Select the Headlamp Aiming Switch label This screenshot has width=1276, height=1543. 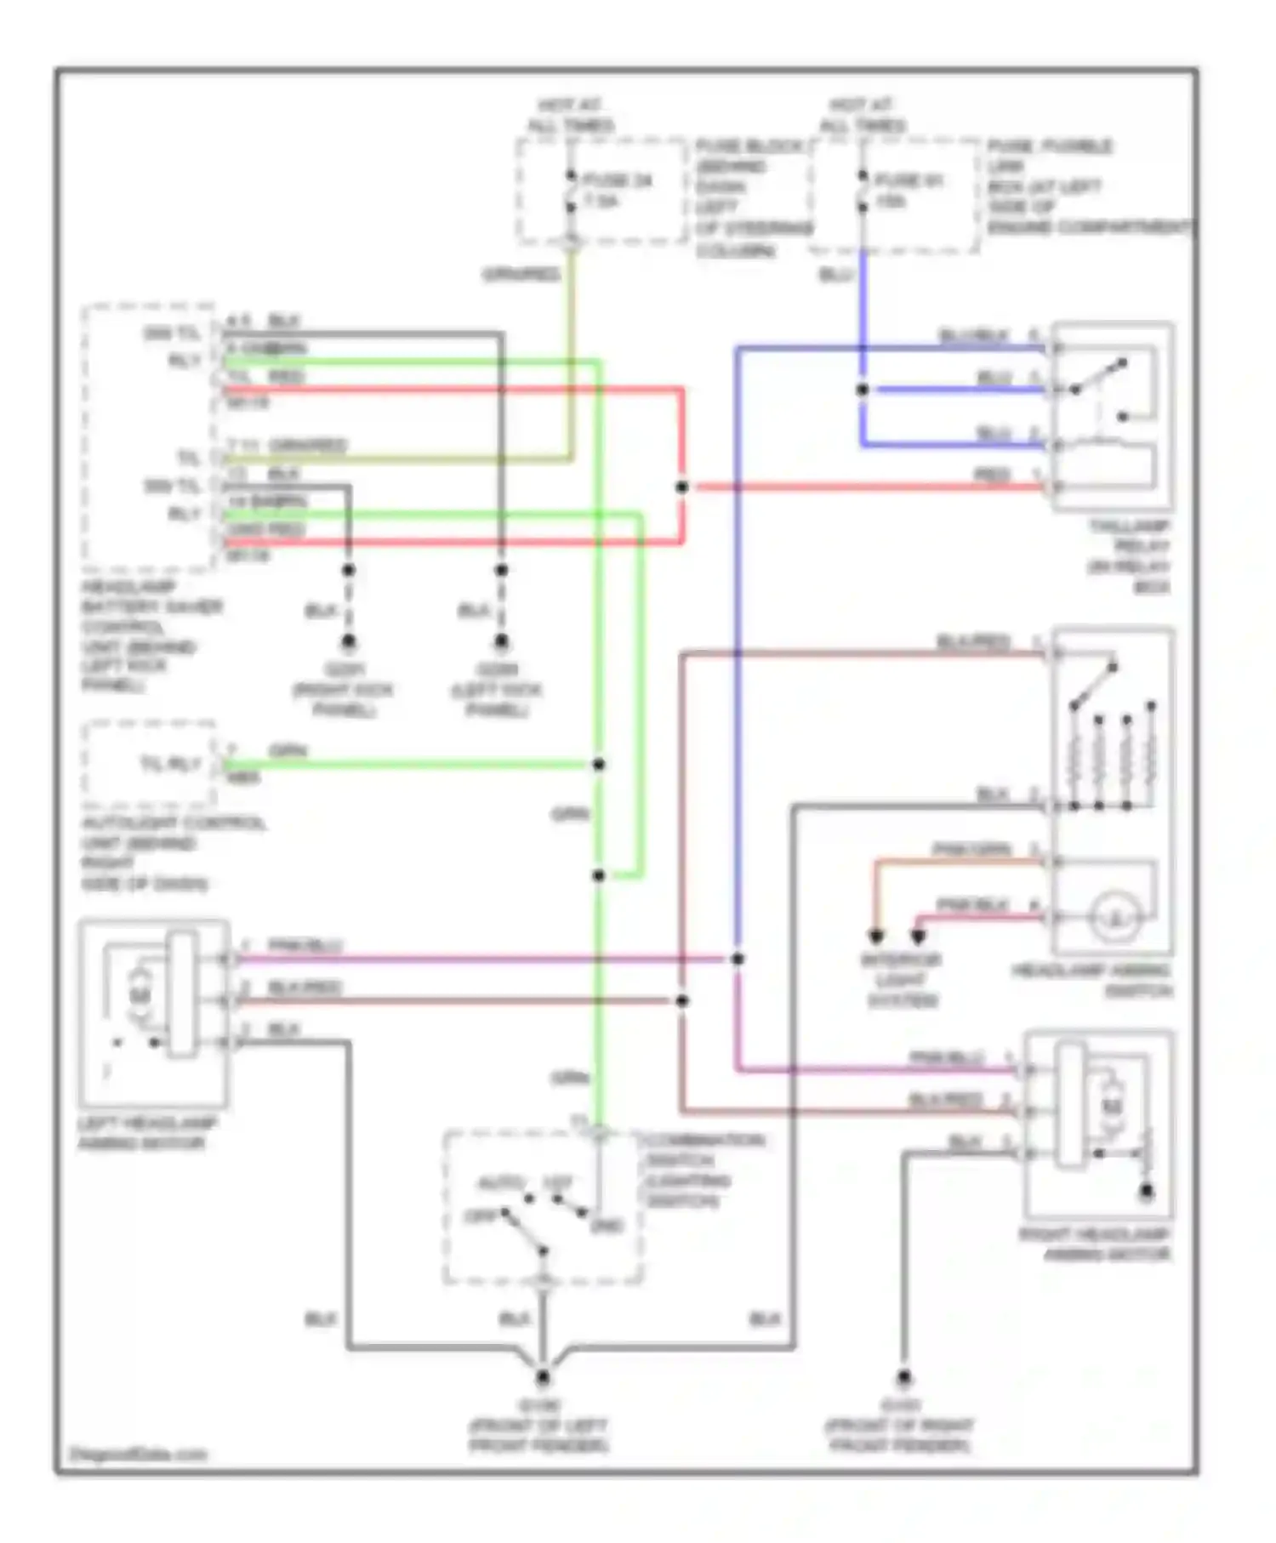pos(1092,980)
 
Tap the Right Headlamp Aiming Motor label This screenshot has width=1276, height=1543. pos(1096,1244)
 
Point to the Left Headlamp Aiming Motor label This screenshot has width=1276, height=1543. pos(146,1132)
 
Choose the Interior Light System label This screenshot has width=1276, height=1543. pos(901,980)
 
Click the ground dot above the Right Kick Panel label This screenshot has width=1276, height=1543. pos(349,641)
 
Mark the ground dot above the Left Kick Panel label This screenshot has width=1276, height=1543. pos(501,641)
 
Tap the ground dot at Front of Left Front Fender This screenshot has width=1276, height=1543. pos(542,1376)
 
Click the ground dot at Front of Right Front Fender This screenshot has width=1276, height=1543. pos(903,1376)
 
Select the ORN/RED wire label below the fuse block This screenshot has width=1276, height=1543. pos(521,274)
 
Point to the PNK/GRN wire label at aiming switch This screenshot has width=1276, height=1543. pos(971,849)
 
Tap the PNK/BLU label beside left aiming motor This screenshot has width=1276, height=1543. pos(304,946)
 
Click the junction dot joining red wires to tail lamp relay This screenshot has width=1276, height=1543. pos(681,487)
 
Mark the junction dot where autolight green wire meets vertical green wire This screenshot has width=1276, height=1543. pos(599,764)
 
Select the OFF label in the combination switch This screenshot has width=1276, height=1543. pos(480,1216)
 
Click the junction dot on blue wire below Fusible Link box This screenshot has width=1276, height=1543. pos(863,390)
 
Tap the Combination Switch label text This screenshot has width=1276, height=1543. pos(703,1170)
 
